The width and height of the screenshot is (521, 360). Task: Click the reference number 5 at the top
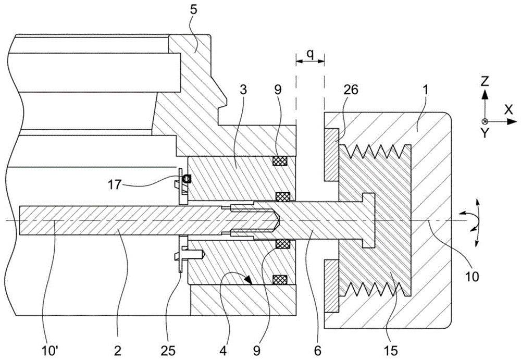[x=194, y=10]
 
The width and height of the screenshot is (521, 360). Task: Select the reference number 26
[x=351, y=90]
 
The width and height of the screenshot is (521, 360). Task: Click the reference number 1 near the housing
[x=426, y=90]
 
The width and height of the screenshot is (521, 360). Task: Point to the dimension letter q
[x=309, y=54]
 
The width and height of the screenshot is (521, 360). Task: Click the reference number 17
[x=114, y=184]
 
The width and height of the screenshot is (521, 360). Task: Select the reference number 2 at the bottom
[x=118, y=351]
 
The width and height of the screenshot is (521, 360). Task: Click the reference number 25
[x=168, y=351]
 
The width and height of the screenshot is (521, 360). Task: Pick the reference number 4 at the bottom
[x=224, y=351]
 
